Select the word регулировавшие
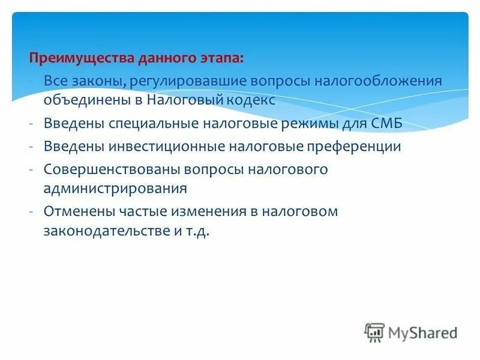[192, 82]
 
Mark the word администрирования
[115, 188]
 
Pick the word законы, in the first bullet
[95, 82]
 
